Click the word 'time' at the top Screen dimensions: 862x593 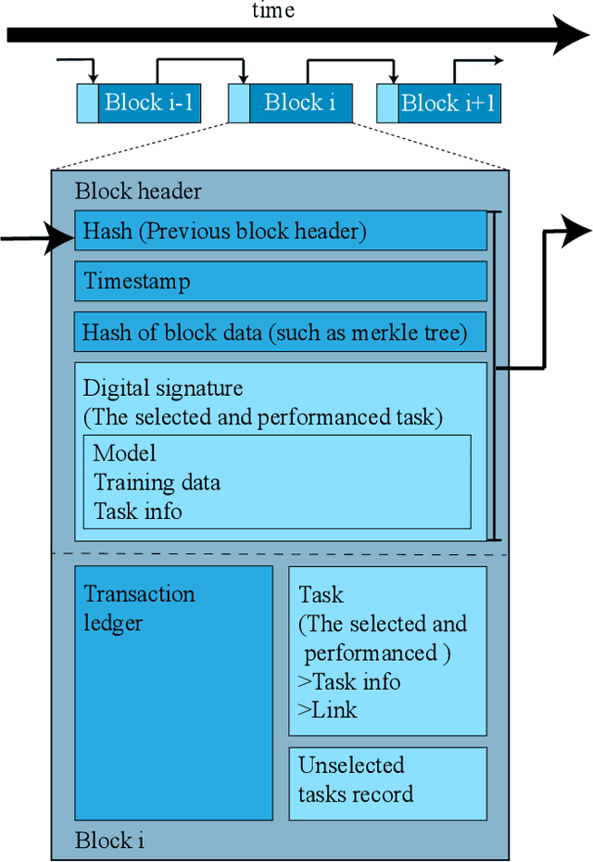click(x=273, y=10)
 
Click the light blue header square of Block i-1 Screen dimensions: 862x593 click(x=86, y=103)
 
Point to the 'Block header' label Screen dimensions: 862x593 click(x=138, y=192)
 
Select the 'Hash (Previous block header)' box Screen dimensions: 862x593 click(x=280, y=231)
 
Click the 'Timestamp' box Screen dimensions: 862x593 click(x=280, y=281)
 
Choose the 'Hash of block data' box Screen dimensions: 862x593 click(x=280, y=331)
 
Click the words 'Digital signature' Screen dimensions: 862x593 click(x=163, y=387)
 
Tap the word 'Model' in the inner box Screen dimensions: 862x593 click(x=124, y=453)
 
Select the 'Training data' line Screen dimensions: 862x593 click(x=157, y=482)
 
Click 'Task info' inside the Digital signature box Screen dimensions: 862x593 click(x=137, y=511)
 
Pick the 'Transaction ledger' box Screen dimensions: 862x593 click(x=173, y=692)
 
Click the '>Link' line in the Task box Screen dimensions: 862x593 click(x=328, y=710)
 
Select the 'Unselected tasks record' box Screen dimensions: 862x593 click(x=387, y=783)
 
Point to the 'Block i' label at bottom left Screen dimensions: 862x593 click(x=109, y=841)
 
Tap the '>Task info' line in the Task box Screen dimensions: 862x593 click(x=349, y=681)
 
